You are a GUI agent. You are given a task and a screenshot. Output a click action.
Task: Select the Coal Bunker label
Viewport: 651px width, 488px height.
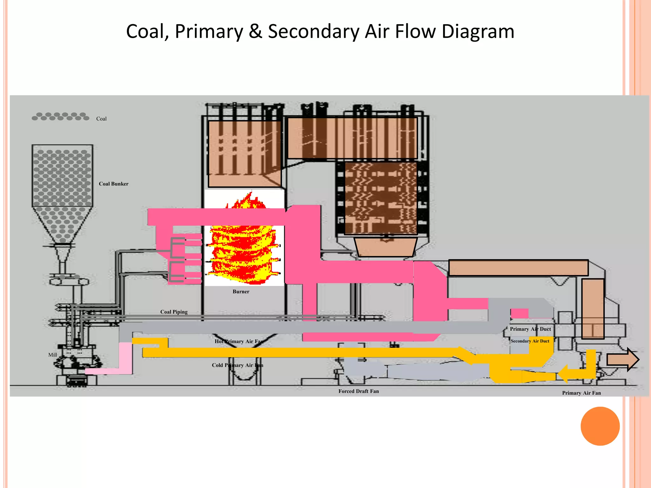coord(113,184)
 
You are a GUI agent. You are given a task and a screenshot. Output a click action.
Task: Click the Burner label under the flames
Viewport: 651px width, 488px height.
coord(241,292)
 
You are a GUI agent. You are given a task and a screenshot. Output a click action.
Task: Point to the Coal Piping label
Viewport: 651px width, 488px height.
coord(174,312)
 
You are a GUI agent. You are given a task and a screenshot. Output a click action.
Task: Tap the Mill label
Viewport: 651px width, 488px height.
coord(52,355)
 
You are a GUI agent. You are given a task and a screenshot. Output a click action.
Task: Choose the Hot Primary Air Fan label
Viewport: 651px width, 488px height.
coord(239,342)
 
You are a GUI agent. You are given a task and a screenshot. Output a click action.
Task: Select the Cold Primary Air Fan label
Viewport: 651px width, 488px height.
coord(237,365)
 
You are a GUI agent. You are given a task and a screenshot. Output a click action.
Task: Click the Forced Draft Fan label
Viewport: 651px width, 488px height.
coord(359,391)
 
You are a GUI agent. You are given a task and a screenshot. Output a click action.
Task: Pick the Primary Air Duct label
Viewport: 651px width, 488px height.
coord(530,329)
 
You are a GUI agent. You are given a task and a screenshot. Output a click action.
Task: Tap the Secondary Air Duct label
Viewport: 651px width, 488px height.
coord(530,341)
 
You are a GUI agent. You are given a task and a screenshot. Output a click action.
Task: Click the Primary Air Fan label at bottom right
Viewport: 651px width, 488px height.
coord(581,393)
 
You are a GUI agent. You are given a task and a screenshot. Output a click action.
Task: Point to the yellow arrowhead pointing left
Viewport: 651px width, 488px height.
coord(564,374)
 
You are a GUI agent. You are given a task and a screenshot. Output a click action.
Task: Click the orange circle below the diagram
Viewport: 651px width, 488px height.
coord(600,426)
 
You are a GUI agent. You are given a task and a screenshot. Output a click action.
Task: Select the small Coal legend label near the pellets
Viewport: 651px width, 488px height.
coord(101,119)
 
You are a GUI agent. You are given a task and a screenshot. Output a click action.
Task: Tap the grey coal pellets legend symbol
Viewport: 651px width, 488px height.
coord(60,117)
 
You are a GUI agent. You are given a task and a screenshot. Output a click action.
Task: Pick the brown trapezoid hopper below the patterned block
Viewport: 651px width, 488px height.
coord(385,247)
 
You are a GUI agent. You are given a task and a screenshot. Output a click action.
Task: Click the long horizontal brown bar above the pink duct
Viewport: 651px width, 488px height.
coord(518,268)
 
